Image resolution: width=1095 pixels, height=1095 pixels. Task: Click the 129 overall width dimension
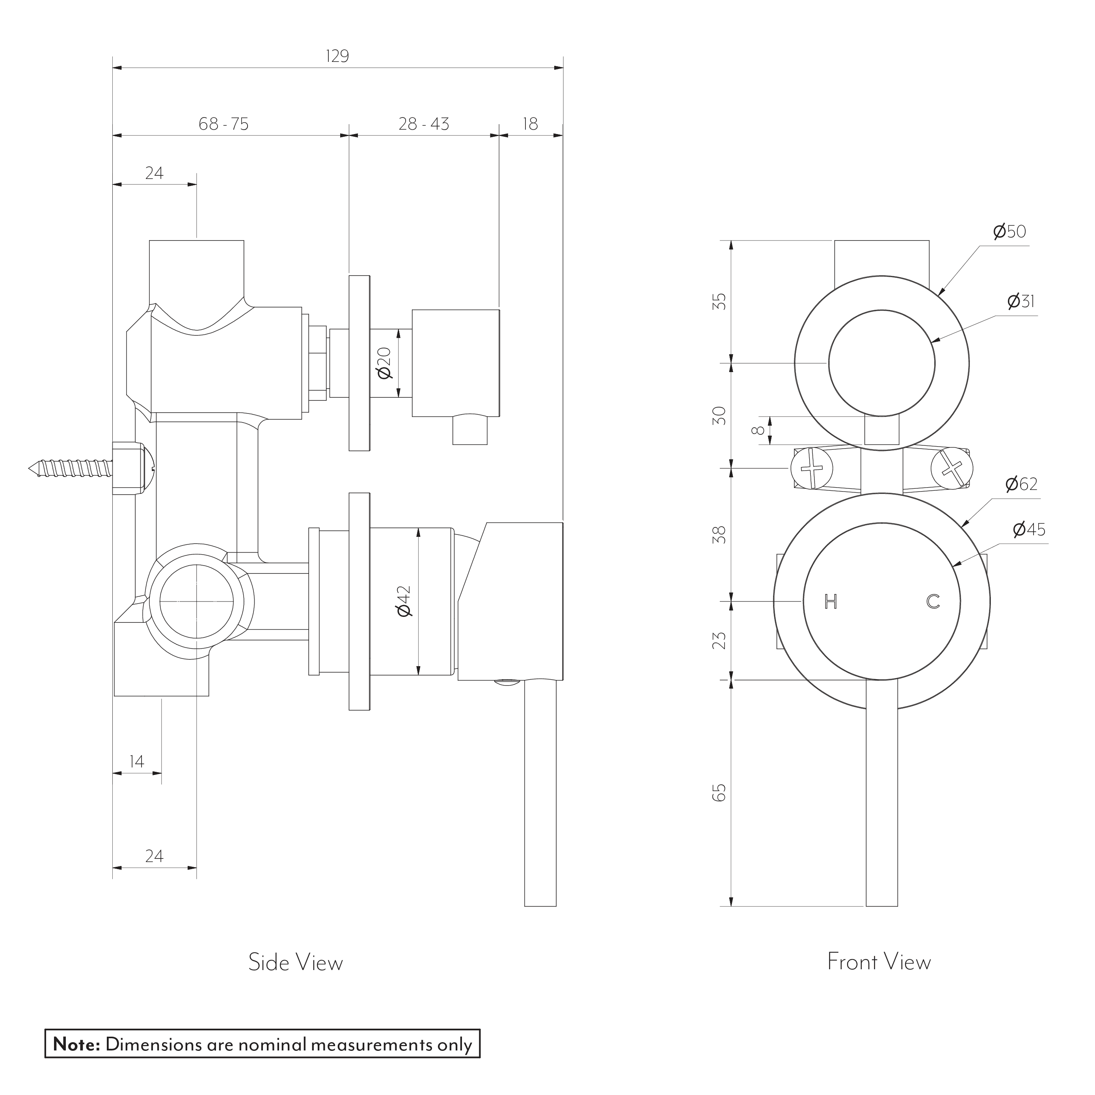click(x=337, y=56)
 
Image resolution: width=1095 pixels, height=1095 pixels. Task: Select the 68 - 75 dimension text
click(x=223, y=123)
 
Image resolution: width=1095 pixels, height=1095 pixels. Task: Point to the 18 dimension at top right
click(x=530, y=123)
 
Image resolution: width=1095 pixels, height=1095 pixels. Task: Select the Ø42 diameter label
click(x=404, y=602)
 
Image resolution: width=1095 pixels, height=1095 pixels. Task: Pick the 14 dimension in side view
click(x=137, y=761)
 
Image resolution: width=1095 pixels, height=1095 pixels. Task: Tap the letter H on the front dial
click(x=831, y=602)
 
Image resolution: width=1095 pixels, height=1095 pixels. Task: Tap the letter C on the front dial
click(x=933, y=602)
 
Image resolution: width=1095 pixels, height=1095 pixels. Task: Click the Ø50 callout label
click(x=1009, y=231)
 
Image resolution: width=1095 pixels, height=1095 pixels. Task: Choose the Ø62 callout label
click(x=1021, y=484)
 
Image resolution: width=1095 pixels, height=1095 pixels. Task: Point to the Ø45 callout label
click(x=1029, y=529)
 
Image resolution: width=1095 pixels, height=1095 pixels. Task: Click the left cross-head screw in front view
click(x=812, y=468)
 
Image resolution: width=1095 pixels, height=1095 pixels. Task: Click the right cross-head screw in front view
click(x=952, y=468)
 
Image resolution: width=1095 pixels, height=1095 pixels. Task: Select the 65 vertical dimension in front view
click(x=719, y=792)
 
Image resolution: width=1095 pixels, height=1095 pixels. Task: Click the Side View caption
click(x=295, y=963)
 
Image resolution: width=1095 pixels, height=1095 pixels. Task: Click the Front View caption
click(x=879, y=962)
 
